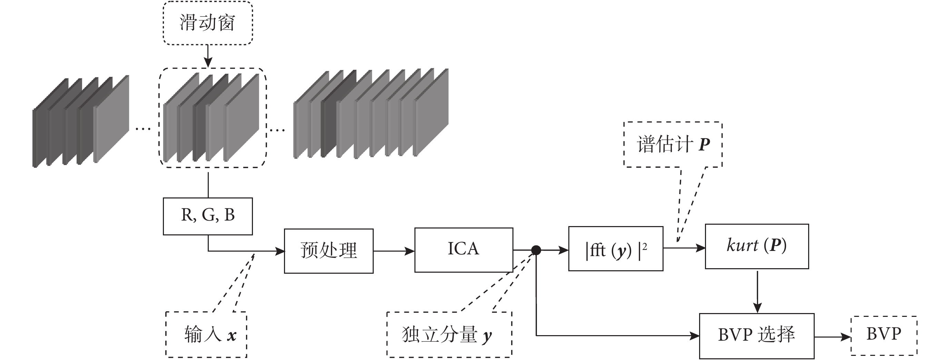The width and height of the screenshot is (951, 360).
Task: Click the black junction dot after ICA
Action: tap(536, 250)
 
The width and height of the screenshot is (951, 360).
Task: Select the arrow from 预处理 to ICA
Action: tap(394, 251)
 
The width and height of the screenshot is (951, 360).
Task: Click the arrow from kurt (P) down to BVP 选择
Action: tap(757, 292)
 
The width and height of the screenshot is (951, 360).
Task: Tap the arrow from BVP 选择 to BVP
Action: tap(833, 337)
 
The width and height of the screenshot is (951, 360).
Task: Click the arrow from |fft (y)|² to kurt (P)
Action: tap(684, 248)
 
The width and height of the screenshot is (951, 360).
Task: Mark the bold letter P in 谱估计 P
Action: tap(704, 144)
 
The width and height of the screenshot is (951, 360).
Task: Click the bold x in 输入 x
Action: tap(232, 335)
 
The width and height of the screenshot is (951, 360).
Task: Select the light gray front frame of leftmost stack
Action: tap(111, 119)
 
